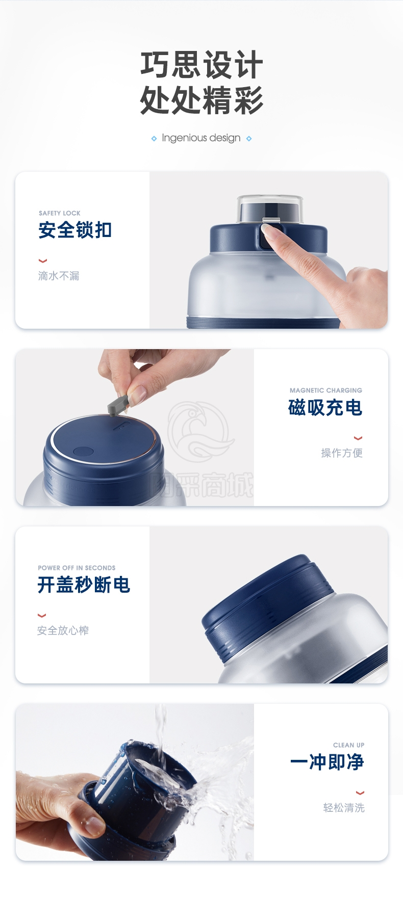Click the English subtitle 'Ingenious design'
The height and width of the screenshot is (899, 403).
click(x=201, y=138)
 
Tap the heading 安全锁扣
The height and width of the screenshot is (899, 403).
click(x=75, y=230)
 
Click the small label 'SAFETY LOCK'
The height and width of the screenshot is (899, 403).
click(x=60, y=213)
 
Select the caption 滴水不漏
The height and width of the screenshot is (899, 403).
click(x=59, y=276)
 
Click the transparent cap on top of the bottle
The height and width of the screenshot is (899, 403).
click(x=270, y=208)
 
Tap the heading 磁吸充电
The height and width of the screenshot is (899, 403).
click(x=325, y=407)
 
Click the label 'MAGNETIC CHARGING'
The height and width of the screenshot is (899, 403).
click(x=326, y=390)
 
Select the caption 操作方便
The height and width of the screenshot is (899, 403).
click(x=342, y=453)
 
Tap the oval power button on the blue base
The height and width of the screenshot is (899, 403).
click(x=83, y=452)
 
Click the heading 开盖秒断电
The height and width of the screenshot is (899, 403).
click(x=84, y=585)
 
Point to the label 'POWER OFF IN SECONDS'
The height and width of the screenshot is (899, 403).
click(x=77, y=568)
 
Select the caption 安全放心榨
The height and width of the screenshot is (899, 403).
click(x=63, y=630)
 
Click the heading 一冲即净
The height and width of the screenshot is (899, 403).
click(x=327, y=762)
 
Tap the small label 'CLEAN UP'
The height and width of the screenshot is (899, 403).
click(x=349, y=745)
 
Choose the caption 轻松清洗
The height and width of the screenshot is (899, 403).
click(x=344, y=808)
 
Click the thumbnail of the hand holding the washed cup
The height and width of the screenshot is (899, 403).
click(x=135, y=782)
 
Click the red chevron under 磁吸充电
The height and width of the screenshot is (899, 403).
click(x=358, y=438)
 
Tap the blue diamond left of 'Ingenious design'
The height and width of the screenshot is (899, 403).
click(x=154, y=139)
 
